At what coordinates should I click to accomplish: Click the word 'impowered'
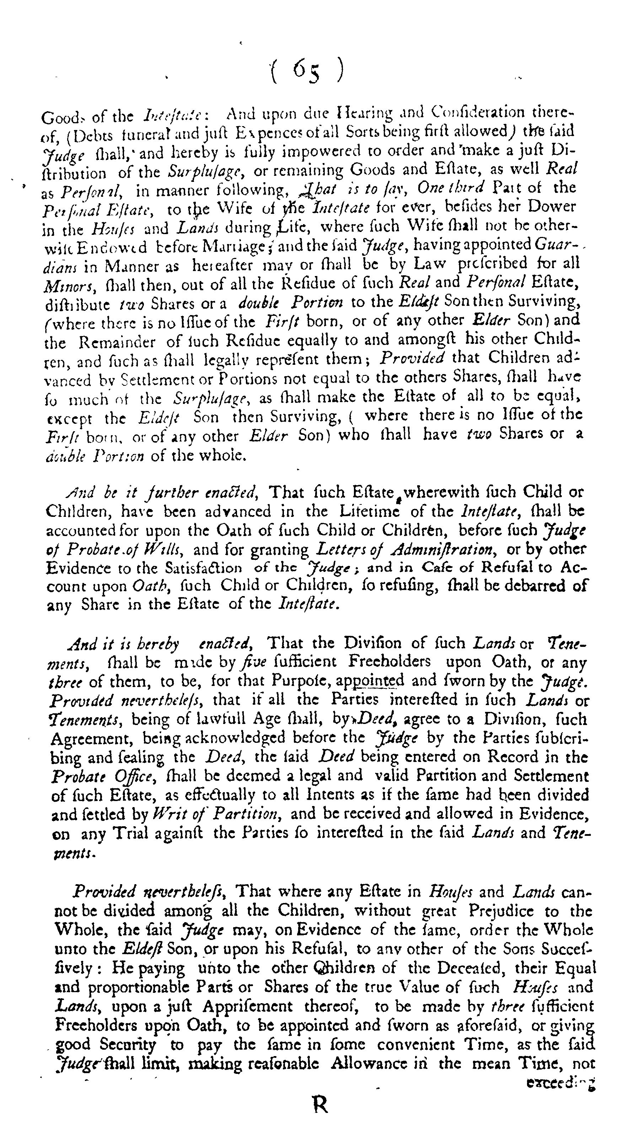pyautogui.click(x=312, y=151)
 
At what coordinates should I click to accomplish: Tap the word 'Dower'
pyautogui.click(x=553, y=206)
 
